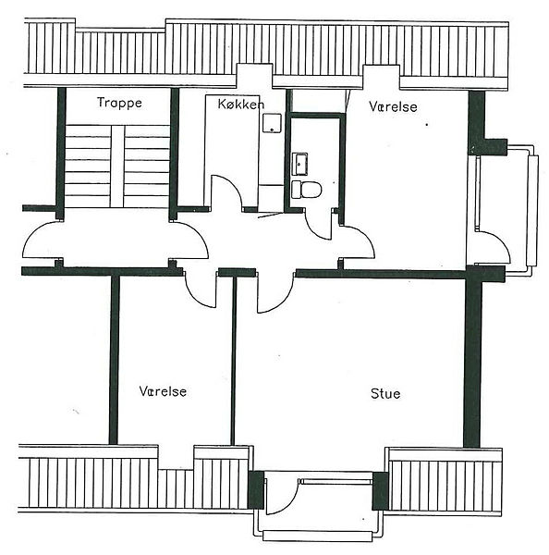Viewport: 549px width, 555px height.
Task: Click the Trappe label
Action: coord(119,103)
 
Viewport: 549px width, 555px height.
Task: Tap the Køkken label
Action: coord(241,104)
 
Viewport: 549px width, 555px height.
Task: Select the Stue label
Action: coord(385,394)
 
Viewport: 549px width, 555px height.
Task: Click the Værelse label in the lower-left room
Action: coord(163,391)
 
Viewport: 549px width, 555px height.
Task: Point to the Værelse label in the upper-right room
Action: coord(393,106)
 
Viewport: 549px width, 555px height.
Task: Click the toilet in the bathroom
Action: coord(306,190)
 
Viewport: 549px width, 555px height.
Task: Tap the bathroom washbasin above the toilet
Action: coord(299,164)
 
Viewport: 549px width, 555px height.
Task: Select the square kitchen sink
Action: coord(272,123)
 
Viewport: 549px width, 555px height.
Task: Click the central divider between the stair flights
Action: coord(117,166)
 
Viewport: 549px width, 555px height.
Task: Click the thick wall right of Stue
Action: coord(472,361)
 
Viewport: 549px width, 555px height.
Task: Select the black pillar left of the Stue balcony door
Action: coord(256,490)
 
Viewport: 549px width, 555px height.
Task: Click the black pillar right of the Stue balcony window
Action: coord(381,491)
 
